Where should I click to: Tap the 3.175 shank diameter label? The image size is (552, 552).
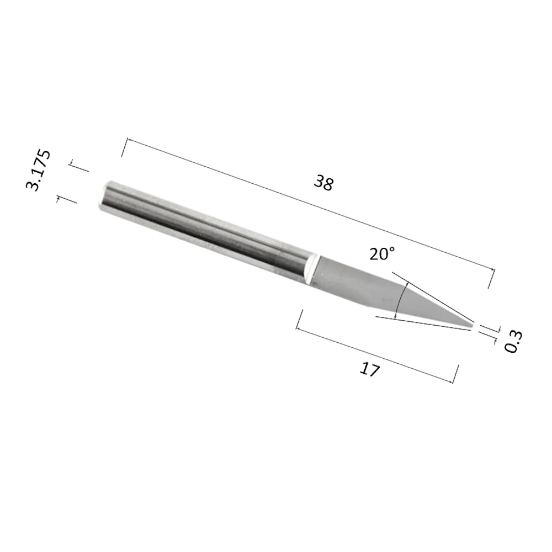(39, 171)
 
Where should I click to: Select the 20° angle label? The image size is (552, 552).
(383, 253)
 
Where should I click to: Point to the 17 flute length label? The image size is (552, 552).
(370, 369)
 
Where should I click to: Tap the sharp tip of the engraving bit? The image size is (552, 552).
(473, 326)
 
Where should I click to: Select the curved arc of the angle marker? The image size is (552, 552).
(401, 300)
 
